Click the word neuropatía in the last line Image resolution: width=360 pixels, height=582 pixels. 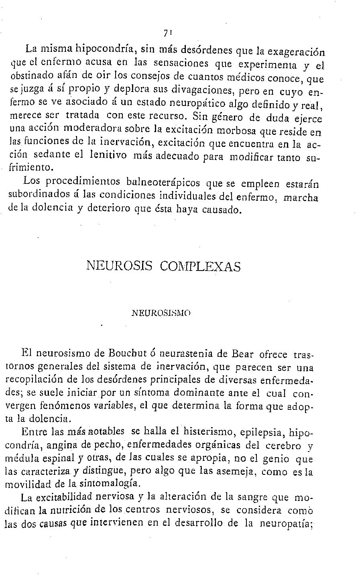click(286, 524)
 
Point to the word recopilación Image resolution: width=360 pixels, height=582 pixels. click(36, 379)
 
